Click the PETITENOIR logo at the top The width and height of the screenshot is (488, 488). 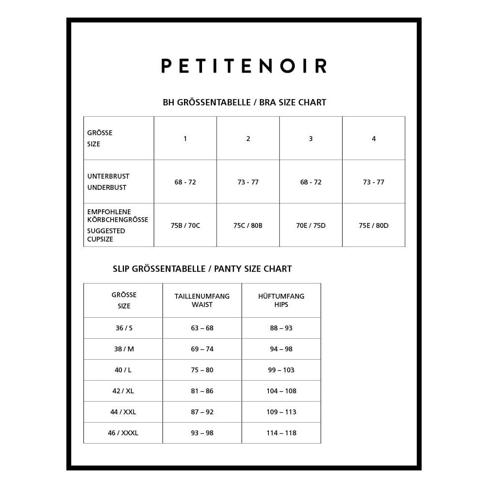(x=244, y=66)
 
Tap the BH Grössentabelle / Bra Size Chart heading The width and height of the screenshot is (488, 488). (x=244, y=102)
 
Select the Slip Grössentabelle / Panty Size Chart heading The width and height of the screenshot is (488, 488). (x=202, y=269)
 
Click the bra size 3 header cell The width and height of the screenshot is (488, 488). (x=311, y=139)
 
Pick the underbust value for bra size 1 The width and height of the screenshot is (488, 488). (x=185, y=182)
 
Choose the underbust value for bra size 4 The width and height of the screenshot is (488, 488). (x=373, y=182)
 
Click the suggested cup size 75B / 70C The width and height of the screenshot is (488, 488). (x=185, y=225)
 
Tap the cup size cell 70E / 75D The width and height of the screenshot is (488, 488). (x=311, y=225)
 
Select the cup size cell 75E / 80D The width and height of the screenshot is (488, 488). (x=373, y=225)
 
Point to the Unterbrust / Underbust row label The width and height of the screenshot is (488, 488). (x=108, y=182)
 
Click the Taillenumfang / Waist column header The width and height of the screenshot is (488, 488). (x=202, y=300)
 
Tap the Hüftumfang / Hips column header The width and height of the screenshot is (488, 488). (x=281, y=300)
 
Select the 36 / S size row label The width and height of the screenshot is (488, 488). (x=124, y=328)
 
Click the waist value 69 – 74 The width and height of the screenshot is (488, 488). (x=202, y=349)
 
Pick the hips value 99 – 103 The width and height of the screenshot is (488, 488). (x=281, y=370)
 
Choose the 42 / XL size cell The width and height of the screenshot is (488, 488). (x=123, y=391)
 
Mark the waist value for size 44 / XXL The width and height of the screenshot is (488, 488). (x=202, y=412)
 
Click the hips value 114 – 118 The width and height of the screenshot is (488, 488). (x=281, y=433)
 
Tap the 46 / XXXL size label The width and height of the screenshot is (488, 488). (x=123, y=433)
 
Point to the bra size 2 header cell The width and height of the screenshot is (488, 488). (x=248, y=139)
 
